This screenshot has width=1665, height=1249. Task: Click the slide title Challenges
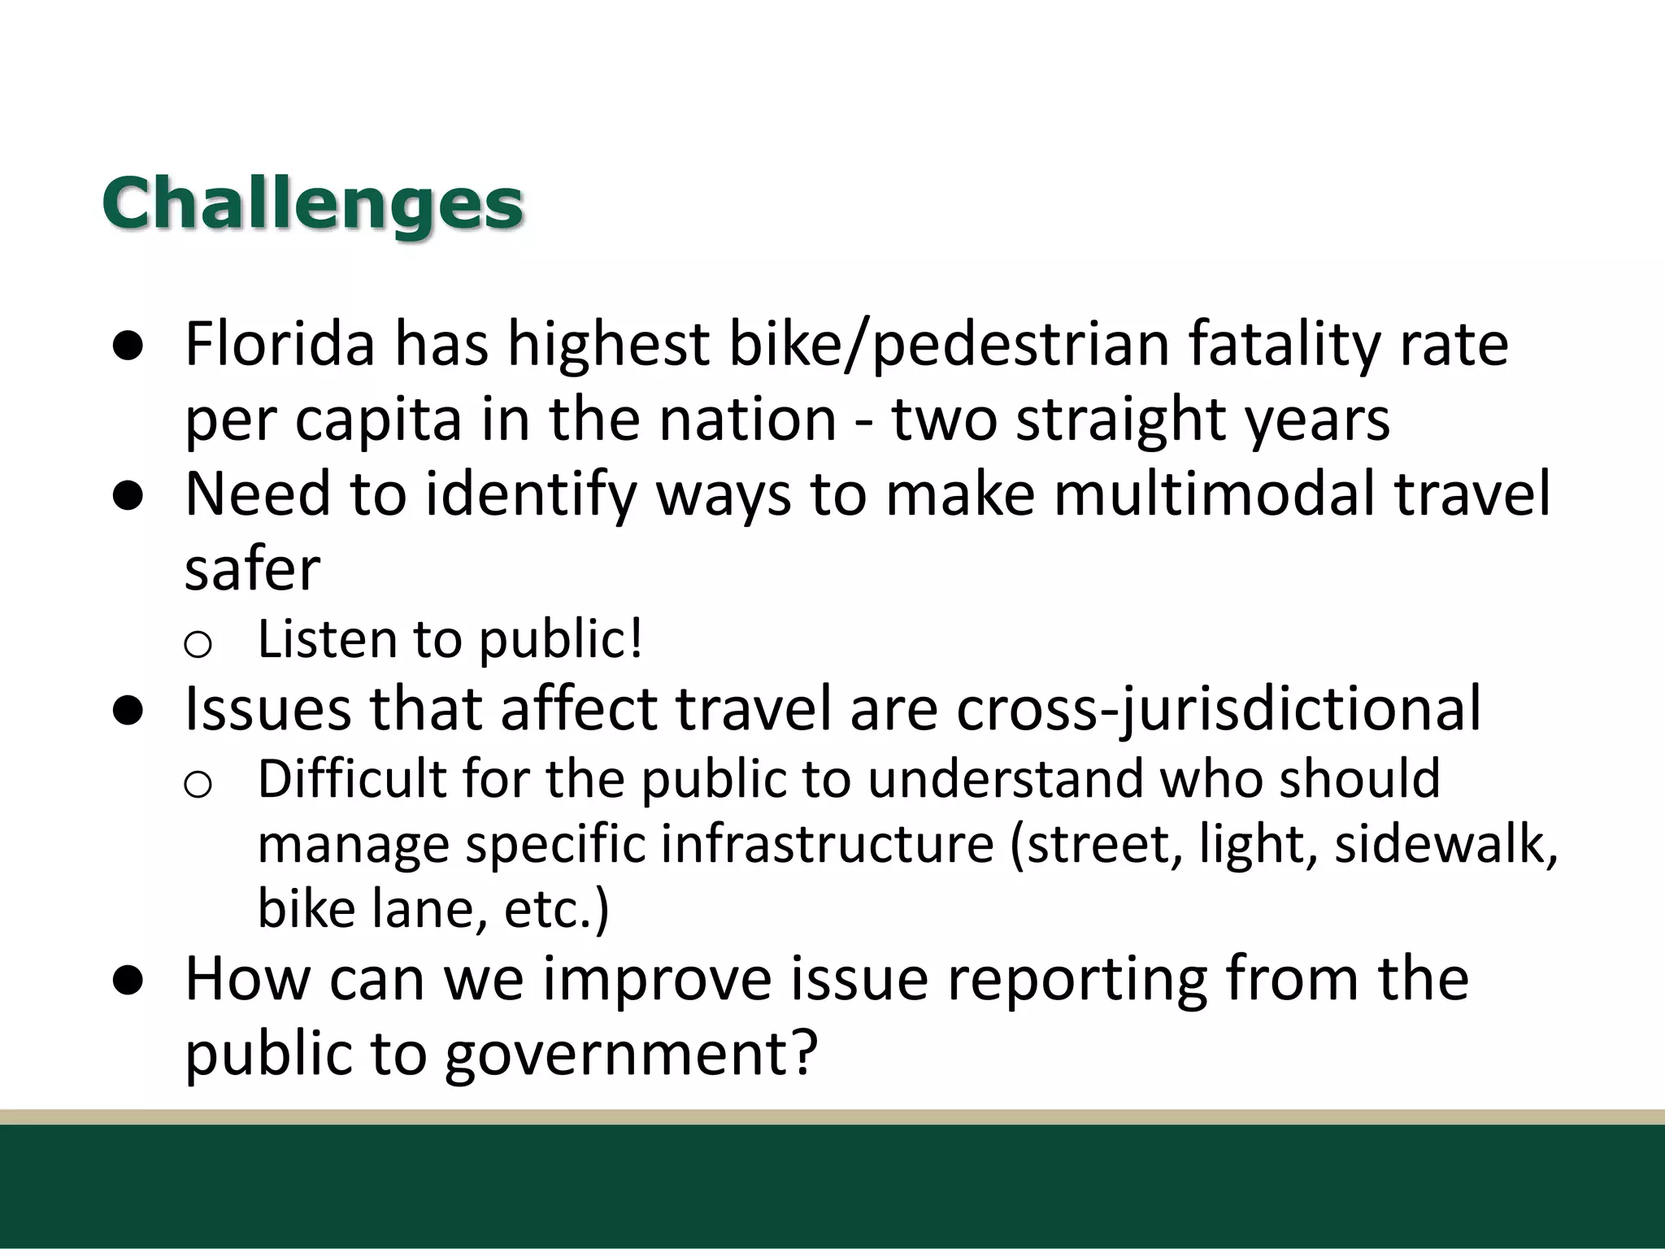pyautogui.click(x=312, y=203)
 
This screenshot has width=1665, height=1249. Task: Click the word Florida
pyautogui.click(x=280, y=344)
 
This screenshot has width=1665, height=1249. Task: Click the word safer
pyautogui.click(x=252, y=568)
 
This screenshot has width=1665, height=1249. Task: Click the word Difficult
pyautogui.click(x=351, y=778)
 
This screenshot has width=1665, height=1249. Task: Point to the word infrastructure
pyautogui.click(x=827, y=843)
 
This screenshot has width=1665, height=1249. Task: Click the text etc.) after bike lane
pyautogui.click(x=556, y=908)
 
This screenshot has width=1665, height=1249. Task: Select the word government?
pyautogui.click(x=630, y=1053)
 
